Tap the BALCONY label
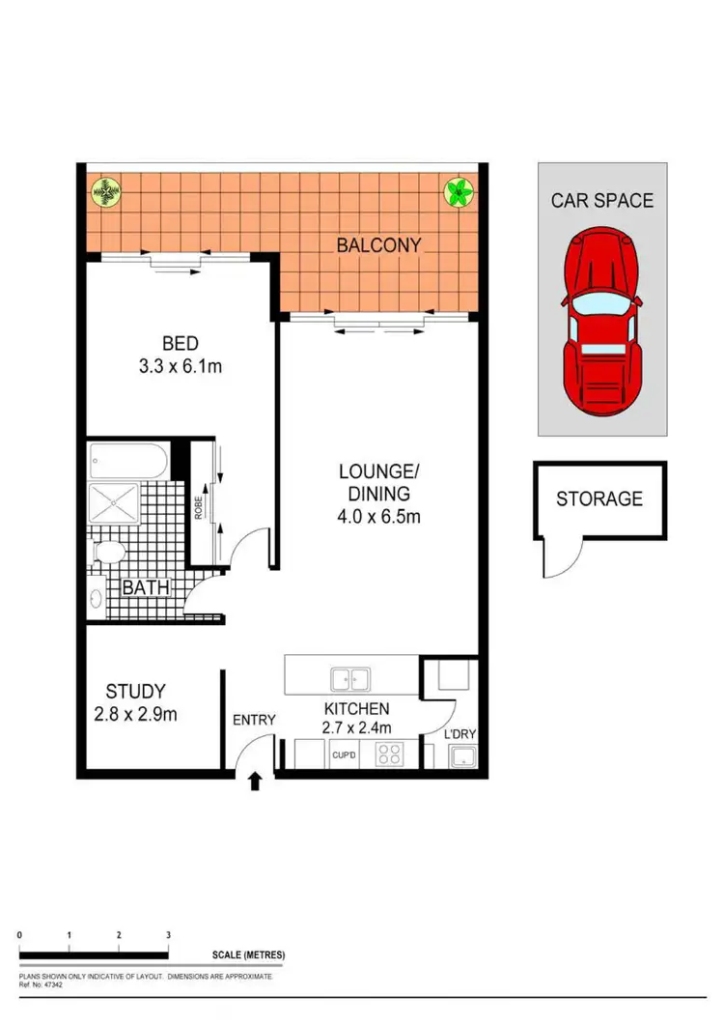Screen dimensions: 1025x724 coord(378,245)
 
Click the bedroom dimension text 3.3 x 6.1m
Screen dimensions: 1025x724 coord(181,366)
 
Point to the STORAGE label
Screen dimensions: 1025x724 coord(599,499)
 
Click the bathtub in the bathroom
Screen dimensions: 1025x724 coord(127,459)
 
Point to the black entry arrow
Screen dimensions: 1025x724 coord(256,781)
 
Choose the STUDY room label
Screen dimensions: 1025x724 coord(135,692)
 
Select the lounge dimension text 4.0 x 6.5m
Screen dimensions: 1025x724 coord(378,517)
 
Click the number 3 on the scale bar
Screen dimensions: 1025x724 coord(168,935)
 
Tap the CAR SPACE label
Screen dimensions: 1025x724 coord(602,201)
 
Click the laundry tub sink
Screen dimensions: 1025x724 coord(460,756)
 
